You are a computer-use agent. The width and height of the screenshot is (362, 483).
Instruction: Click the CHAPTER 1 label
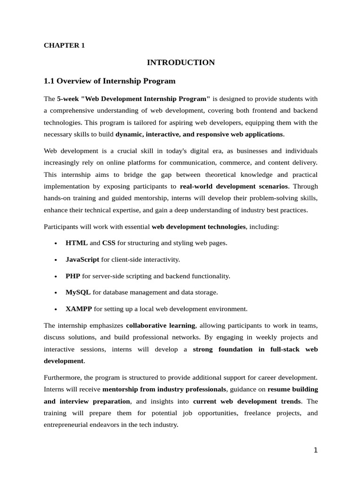click(64, 45)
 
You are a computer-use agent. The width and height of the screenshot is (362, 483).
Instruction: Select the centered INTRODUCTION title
click(181, 63)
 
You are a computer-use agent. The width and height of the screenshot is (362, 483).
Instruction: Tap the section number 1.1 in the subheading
click(49, 81)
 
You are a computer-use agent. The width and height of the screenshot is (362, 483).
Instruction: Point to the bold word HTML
click(76, 243)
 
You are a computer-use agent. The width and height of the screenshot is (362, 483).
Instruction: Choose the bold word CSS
click(109, 243)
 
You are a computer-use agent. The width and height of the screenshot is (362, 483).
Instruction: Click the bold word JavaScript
click(82, 259)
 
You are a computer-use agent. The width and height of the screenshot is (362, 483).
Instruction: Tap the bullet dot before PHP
click(56, 276)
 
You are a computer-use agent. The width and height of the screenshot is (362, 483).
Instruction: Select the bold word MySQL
click(78, 292)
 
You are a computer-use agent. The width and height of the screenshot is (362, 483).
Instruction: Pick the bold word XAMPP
click(79, 309)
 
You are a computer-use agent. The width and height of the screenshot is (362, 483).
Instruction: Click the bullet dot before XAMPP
click(56, 309)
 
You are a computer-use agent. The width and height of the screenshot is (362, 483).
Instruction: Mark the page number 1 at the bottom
click(316, 450)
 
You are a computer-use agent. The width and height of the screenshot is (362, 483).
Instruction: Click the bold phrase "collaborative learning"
click(160, 325)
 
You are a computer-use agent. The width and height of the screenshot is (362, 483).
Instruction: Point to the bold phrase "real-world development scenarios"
click(234, 186)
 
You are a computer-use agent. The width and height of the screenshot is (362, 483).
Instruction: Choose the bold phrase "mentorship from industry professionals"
click(164, 390)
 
